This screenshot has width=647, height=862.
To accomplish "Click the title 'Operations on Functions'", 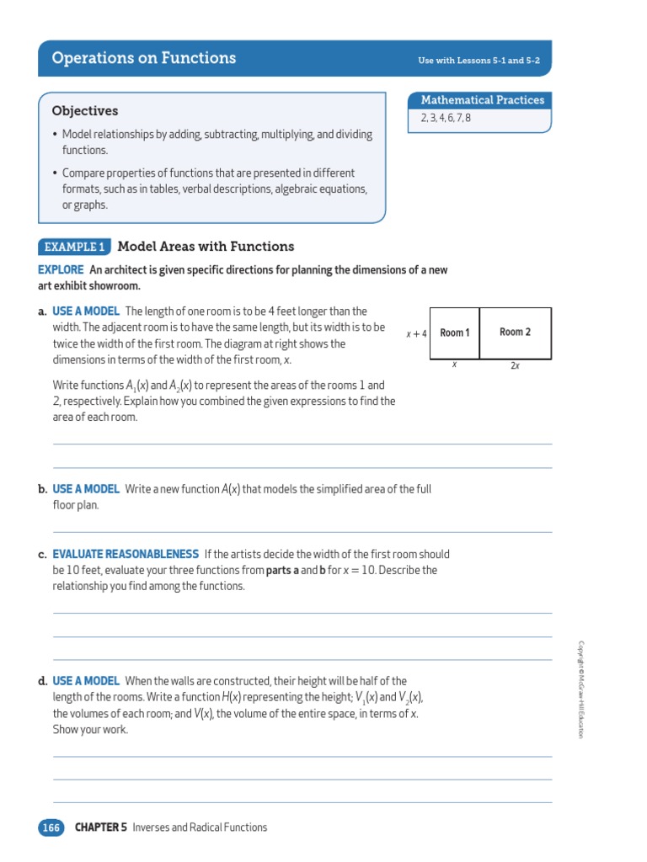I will [x=144, y=58].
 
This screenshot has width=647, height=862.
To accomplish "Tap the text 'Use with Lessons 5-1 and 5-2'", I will [x=478, y=61].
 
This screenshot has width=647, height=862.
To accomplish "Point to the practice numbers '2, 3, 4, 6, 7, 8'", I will [x=446, y=118].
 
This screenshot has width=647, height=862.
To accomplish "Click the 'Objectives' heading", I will [x=85, y=111].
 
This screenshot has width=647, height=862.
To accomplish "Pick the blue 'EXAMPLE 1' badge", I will [x=74, y=247].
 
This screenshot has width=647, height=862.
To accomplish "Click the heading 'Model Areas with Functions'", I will [x=206, y=247].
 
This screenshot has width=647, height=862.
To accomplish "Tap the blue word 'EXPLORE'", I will [x=61, y=270].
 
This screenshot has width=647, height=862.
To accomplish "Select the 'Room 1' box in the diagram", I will [x=455, y=333].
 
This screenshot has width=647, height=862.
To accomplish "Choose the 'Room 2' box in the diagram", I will [x=515, y=333].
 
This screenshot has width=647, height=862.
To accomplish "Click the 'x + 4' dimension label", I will [x=416, y=333].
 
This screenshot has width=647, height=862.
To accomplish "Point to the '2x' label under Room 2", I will [x=515, y=366].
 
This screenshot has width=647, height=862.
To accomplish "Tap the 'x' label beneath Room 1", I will [x=454, y=365].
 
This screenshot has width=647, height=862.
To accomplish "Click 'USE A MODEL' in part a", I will [x=86, y=311].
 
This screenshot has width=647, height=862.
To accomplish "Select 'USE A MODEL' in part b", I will [x=86, y=489].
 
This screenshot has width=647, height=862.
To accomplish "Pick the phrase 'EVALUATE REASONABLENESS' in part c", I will [x=126, y=554].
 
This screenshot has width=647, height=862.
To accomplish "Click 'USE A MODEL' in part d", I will [x=86, y=681].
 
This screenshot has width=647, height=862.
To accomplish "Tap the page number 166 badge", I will [x=51, y=827].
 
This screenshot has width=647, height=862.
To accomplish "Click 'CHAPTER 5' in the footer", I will [x=100, y=827].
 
